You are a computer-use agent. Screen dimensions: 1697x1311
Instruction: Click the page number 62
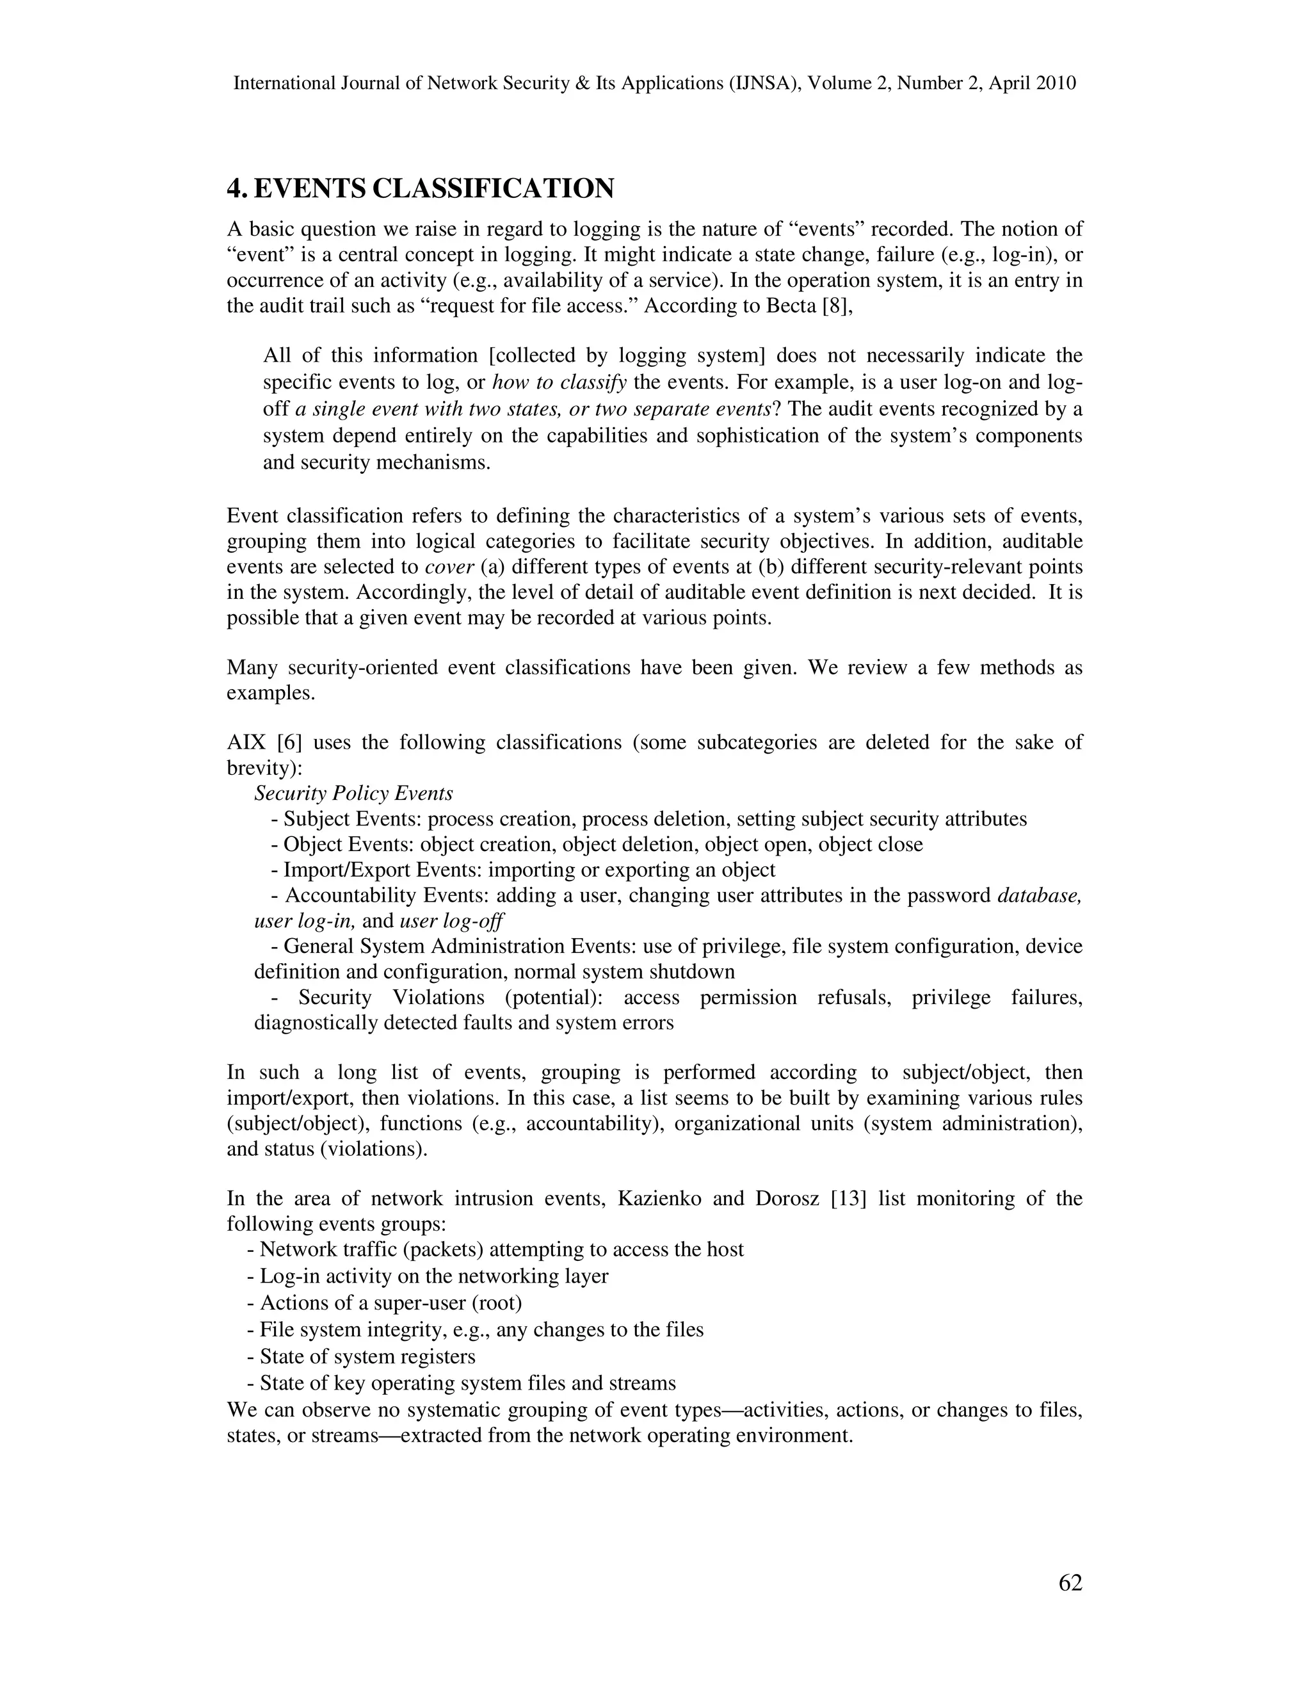tap(1070, 1583)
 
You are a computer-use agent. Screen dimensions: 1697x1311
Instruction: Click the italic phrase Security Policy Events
tap(353, 793)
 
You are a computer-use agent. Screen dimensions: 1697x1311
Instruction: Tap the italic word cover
tap(449, 567)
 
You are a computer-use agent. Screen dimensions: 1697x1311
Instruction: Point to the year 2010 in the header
tap(1056, 83)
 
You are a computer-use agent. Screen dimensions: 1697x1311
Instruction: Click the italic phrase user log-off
tap(451, 921)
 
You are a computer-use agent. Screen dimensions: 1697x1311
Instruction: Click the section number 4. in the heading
tap(236, 189)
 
